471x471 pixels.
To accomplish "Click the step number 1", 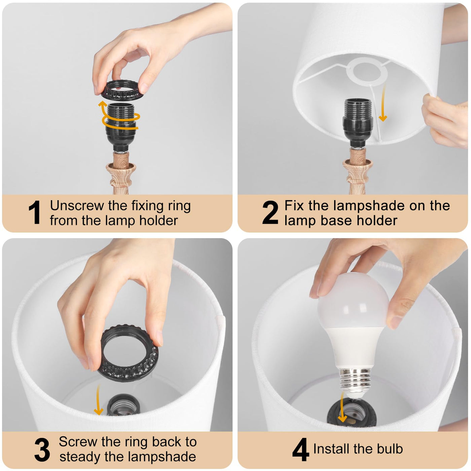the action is (x=35, y=212).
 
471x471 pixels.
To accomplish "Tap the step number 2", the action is (x=270, y=212).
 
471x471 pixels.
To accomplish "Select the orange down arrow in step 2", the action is (x=383, y=103).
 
